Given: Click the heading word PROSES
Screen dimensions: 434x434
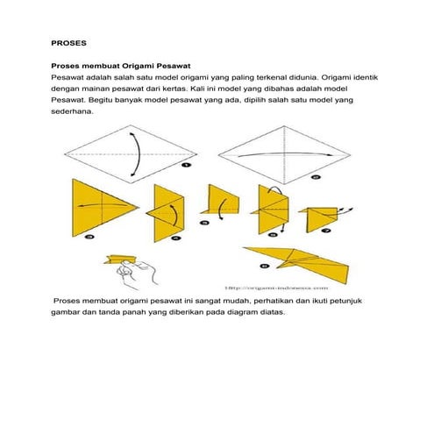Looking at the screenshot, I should (x=68, y=41).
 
